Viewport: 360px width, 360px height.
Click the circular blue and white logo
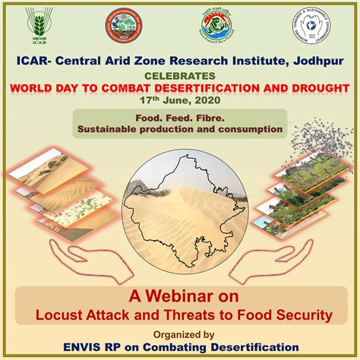[314, 30]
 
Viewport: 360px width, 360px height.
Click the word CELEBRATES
[181, 76]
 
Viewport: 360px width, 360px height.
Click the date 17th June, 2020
[179, 100]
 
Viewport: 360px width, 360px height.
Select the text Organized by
[180, 333]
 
